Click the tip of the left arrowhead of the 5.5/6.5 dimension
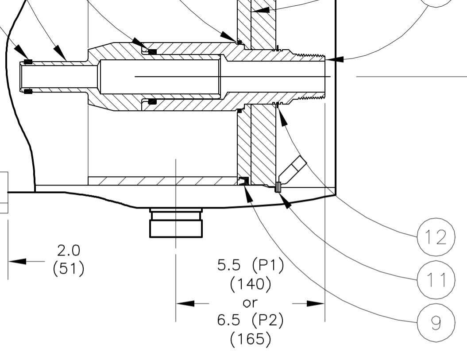point(176,303)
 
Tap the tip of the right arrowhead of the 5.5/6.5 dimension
point(324,303)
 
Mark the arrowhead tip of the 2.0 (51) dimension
point(8,261)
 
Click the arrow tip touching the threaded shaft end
point(325,60)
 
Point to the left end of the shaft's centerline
point(135,77)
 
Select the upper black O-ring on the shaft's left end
point(28,62)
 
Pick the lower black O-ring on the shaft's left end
point(28,91)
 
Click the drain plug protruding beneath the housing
point(176,223)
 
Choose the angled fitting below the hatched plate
point(292,170)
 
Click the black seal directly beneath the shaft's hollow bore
point(152,101)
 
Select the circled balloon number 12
point(436,237)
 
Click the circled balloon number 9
point(436,322)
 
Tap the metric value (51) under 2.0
point(69,268)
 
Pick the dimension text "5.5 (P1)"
point(251,265)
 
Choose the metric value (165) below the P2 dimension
point(251,339)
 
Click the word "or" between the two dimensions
point(250,303)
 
